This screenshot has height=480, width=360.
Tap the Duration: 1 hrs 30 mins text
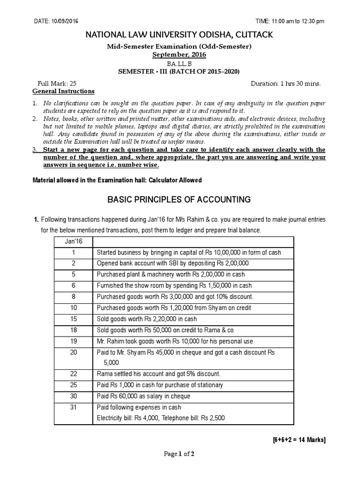(x=286, y=83)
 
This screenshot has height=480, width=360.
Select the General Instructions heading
(x=63, y=91)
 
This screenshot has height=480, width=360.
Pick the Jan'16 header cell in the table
(x=73, y=241)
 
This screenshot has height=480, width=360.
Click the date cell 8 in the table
(x=73, y=297)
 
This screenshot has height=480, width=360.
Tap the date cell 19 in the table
(x=73, y=341)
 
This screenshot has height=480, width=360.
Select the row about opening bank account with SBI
(x=172, y=263)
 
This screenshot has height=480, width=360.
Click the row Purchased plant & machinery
(x=171, y=275)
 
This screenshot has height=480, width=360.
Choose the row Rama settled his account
(x=158, y=374)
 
